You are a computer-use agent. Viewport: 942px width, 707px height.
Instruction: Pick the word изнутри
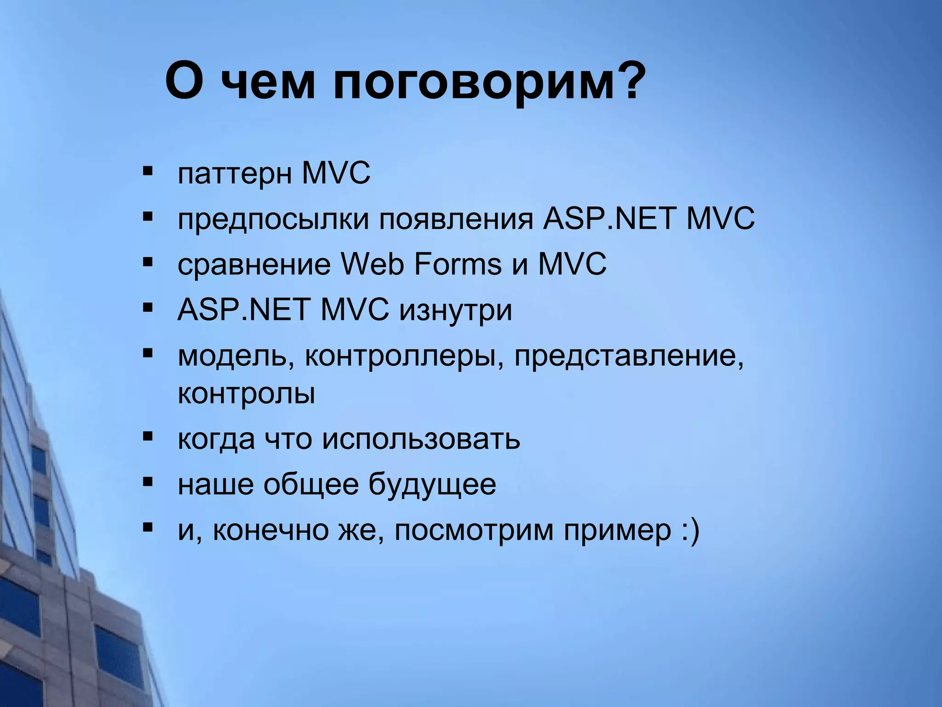(x=455, y=311)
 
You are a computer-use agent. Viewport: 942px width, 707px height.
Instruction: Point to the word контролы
(x=247, y=394)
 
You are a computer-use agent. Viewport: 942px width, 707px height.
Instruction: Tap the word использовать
(x=420, y=440)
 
